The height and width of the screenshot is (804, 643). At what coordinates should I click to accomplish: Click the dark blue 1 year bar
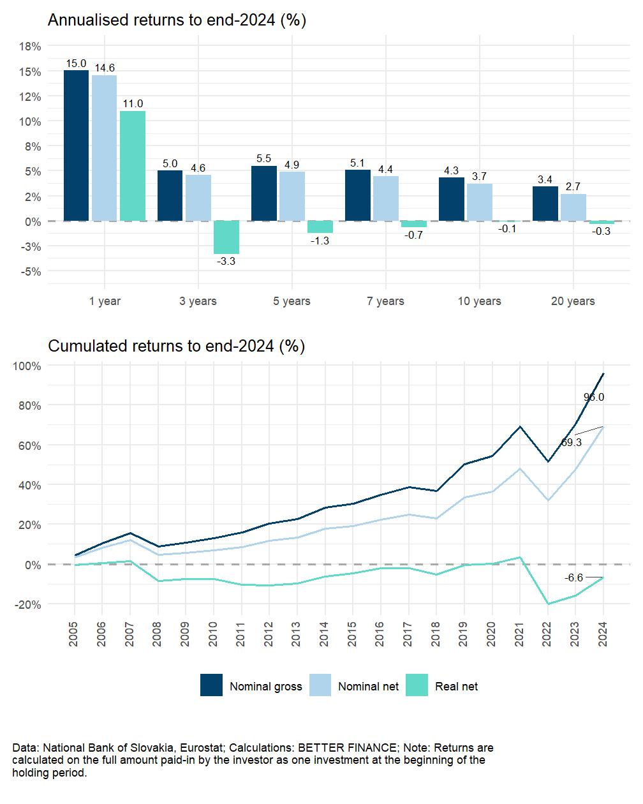tap(77, 145)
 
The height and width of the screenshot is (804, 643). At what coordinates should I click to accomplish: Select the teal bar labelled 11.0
tap(133, 166)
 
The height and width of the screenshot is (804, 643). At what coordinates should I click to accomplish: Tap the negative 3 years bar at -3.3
tap(226, 237)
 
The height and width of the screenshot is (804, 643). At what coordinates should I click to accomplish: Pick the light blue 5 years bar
tap(292, 196)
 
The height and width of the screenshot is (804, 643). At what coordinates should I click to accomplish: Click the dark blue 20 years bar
tap(545, 204)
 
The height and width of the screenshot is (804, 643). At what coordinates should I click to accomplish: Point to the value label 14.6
tap(105, 68)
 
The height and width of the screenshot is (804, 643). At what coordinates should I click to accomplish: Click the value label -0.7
tap(414, 235)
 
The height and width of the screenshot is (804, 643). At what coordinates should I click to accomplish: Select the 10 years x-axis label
tap(479, 301)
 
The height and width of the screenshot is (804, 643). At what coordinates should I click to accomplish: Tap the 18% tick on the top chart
tap(30, 47)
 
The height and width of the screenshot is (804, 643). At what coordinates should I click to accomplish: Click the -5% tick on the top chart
tap(30, 272)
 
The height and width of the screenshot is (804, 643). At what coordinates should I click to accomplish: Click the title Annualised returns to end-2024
tap(177, 20)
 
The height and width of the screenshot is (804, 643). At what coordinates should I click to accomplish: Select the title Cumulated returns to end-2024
tap(176, 346)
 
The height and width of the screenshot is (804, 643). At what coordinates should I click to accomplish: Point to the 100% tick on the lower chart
tap(27, 366)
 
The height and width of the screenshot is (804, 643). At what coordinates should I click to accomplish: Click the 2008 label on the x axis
tap(158, 634)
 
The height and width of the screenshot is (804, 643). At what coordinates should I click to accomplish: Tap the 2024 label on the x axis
tap(603, 634)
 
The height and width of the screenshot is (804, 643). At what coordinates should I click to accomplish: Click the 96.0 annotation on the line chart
tap(594, 397)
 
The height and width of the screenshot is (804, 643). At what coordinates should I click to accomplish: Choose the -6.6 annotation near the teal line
tap(574, 578)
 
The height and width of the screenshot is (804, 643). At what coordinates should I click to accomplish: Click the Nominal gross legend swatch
tap(212, 685)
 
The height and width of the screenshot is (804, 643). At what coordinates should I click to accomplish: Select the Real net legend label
tap(456, 687)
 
